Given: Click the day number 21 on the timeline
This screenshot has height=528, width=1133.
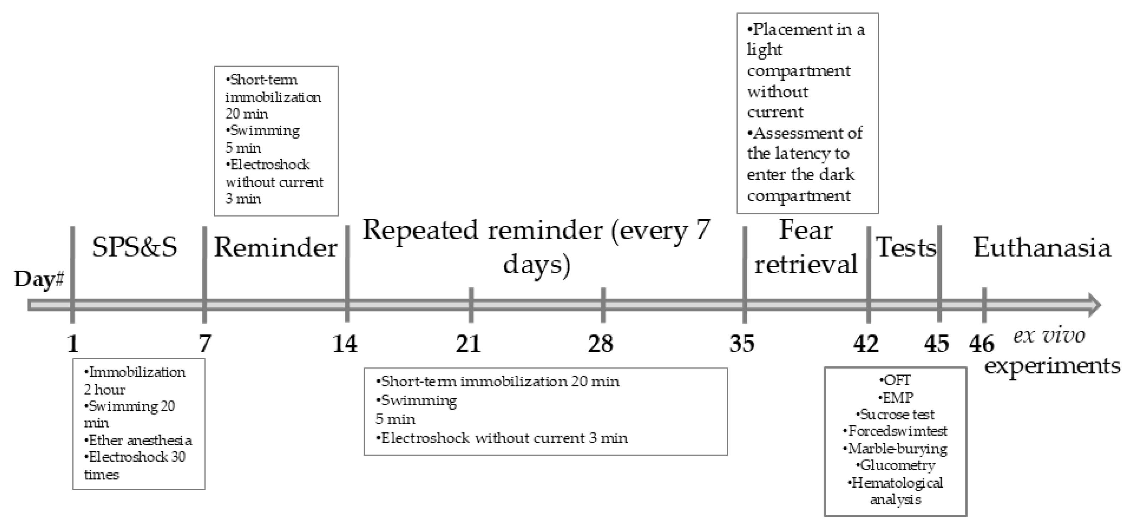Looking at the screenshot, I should pyautogui.click(x=468, y=344).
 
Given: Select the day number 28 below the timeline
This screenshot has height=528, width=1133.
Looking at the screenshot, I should pyautogui.click(x=600, y=344).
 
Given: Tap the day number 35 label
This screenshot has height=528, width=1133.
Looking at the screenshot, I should pyautogui.click(x=742, y=344).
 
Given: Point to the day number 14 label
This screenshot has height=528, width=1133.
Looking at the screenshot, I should pyautogui.click(x=345, y=344).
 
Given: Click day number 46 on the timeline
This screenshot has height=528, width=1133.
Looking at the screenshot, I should pyautogui.click(x=981, y=344).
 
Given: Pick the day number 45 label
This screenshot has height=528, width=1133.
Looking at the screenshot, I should pyautogui.click(x=936, y=344).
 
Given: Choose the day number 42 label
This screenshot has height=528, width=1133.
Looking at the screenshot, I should pyautogui.click(x=866, y=344).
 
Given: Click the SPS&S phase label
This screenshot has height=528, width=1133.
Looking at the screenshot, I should pyautogui.click(x=135, y=247).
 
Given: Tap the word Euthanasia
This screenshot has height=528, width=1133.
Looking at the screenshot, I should pyautogui.click(x=1042, y=248).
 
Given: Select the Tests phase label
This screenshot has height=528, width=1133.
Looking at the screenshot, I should pyautogui.click(x=906, y=247).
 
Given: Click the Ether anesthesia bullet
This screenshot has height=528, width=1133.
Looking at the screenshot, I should pyautogui.click(x=138, y=440).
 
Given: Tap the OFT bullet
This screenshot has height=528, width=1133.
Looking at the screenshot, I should pyautogui.click(x=895, y=380).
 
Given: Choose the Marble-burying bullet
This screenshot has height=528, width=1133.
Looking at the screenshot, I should pyautogui.click(x=895, y=448).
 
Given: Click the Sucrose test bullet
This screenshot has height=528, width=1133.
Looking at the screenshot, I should pyautogui.click(x=895, y=414).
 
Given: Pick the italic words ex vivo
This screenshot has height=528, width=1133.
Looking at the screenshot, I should pyautogui.click(x=1049, y=336).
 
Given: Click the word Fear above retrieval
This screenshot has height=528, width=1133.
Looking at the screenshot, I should pyautogui.click(x=806, y=230).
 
